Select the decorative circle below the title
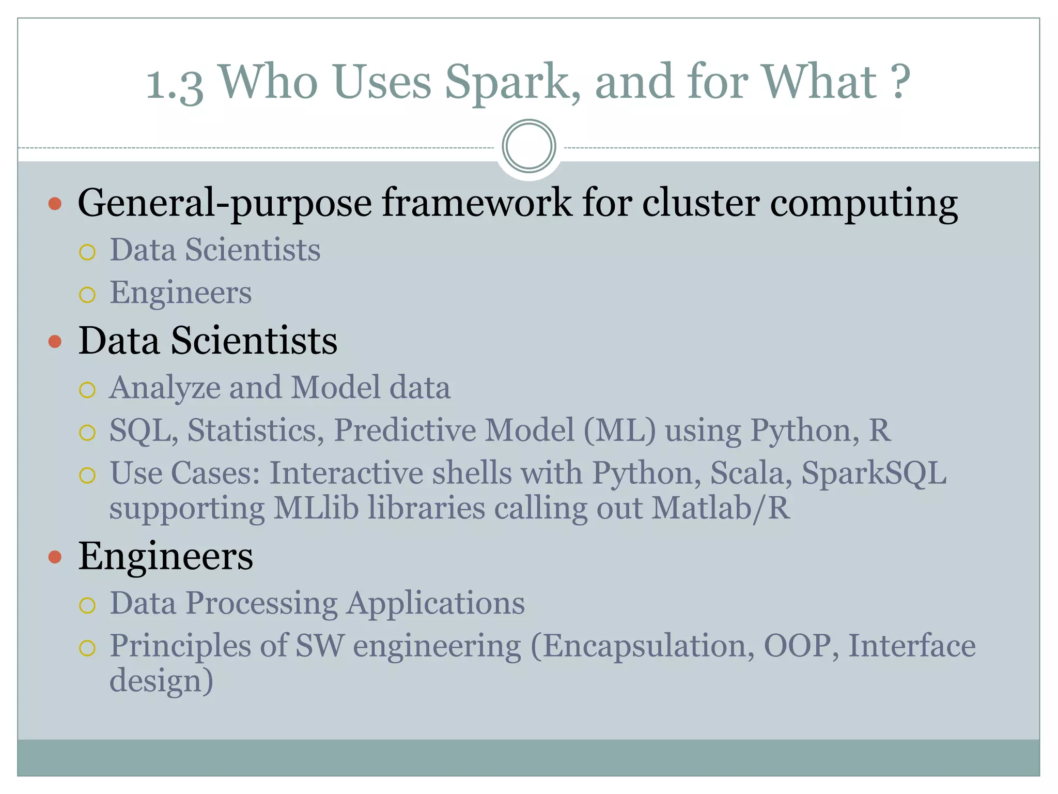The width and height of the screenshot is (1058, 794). point(528,146)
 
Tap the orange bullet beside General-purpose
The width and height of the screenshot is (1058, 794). point(55,204)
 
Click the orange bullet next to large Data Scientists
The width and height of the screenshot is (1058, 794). point(55,342)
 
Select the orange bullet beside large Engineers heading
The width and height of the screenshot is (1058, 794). point(55,557)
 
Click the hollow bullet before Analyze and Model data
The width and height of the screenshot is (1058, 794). point(87,390)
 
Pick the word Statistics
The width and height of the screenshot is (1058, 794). point(255,430)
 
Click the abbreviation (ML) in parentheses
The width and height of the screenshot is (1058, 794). point(619,430)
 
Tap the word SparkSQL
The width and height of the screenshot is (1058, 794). point(874,473)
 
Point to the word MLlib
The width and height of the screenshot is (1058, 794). point(316,508)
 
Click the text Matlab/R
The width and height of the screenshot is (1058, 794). point(721,508)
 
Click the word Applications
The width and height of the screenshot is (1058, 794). point(435,603)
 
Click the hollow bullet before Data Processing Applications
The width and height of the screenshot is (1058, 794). point(87,605)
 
